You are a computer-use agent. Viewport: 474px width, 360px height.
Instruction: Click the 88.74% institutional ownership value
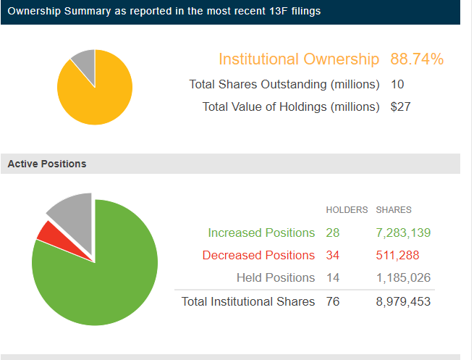click(x=417, y=59)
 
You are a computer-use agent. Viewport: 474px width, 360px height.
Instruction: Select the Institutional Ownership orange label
click(x=299, y=59)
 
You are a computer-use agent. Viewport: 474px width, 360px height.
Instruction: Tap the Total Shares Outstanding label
click(x=284, y=84)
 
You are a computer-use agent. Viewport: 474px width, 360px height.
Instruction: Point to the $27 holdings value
click(x=401, y=107)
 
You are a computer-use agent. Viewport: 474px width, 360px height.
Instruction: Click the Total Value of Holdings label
click(x=291, y=107)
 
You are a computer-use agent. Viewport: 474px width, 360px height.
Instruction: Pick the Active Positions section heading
click(x=47, y=164)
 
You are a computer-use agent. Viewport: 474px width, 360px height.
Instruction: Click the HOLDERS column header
click(x=347, y=210)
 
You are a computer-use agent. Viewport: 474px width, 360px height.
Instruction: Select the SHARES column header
click(x=394, y=210)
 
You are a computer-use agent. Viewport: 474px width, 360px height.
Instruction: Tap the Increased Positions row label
click(x=261, y=233)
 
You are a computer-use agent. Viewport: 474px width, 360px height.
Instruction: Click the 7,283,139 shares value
click(x=403, y=233)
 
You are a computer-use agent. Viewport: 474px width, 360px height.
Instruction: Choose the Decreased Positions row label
click(x=258, y=255)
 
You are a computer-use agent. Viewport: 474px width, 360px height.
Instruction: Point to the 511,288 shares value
click(x=397, y=255)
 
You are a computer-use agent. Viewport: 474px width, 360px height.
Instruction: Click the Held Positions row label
click(x=276, y=277)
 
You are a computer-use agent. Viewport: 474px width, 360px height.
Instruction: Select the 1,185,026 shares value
click(x=403, y=277)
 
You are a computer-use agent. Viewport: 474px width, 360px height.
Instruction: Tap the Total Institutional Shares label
click(x=248, y=301)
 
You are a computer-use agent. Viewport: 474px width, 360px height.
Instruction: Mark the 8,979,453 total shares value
click(x=403, y=301)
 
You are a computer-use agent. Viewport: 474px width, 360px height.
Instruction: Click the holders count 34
click(x=332, y=255)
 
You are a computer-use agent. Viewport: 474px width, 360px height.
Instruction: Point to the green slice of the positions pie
click(x=101, y=275)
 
